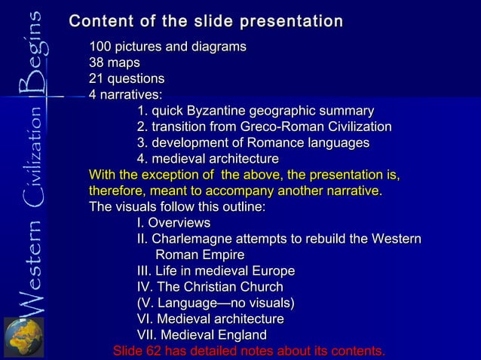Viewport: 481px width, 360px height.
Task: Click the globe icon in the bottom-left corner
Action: point(23,337)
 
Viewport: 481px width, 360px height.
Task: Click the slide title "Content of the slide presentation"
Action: point(206,22)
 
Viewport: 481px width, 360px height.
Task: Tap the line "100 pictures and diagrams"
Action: point(167,47)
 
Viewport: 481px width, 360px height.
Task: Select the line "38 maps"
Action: point(114,63)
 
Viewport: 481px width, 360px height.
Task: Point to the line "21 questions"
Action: point(127,79)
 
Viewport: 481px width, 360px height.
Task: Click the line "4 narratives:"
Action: point(125,95)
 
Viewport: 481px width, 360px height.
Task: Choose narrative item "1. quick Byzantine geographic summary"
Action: point(256,111)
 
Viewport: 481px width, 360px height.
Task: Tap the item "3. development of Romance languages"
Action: point(253,143)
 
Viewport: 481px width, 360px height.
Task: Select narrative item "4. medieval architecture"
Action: point(207,159)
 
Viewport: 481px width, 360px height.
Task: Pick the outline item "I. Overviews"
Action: point(173,223)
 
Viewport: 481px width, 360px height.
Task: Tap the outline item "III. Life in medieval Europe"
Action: point(216,271)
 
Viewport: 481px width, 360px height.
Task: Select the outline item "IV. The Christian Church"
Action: point(210,287)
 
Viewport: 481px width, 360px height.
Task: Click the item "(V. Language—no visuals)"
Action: point(216,303)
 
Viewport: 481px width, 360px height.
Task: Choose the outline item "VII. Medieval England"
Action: point(201,335)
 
